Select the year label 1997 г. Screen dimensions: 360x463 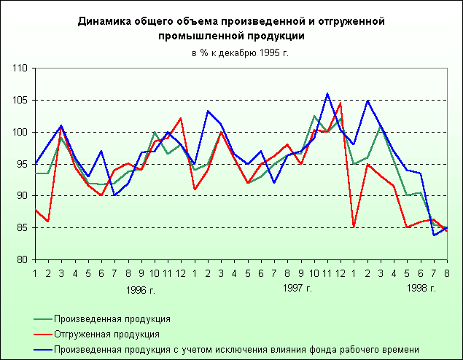click(x=297, y=289)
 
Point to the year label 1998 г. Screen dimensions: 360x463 click(x=421, y=289)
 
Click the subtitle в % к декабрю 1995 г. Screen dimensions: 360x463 click(x=230, y=52)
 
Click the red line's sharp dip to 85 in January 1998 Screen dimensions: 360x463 click(x=354, y=227)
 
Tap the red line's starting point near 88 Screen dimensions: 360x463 click(x=35, y=210)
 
